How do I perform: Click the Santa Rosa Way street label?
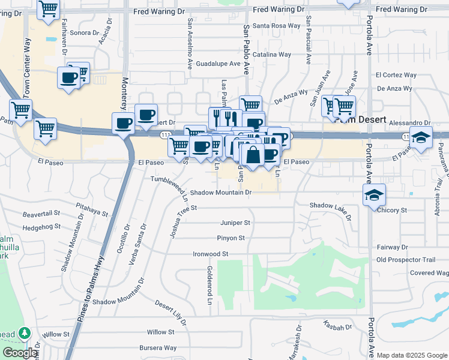point(276,26)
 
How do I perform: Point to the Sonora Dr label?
point(83,34)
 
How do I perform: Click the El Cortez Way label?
point(396,75)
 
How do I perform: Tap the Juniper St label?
point(235,223)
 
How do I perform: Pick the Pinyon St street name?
point(231,238)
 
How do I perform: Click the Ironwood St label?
point(211,254)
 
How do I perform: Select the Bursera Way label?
point(158,347)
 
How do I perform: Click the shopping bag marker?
point(253,154)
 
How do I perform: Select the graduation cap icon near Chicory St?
point(374,194)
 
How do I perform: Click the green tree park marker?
point(25,333)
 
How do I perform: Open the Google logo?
point(19,353)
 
